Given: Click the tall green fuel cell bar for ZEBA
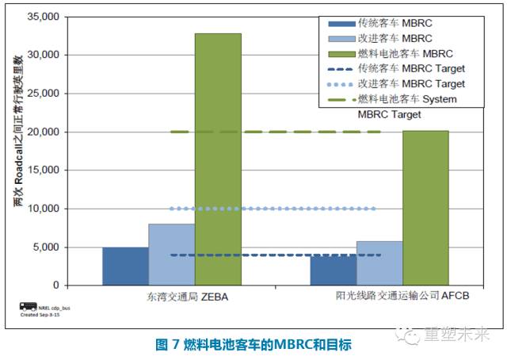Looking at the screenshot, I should pos(218,159).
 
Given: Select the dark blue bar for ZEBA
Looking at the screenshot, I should pos(125,266).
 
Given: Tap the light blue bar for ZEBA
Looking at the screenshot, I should pos(171,255).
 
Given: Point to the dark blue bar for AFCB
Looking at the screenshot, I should pos(333,270).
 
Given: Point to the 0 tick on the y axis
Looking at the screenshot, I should pos(55,285).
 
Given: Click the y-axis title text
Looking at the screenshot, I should pos(19,151).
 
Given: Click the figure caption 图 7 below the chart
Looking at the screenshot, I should pos(253,344).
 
